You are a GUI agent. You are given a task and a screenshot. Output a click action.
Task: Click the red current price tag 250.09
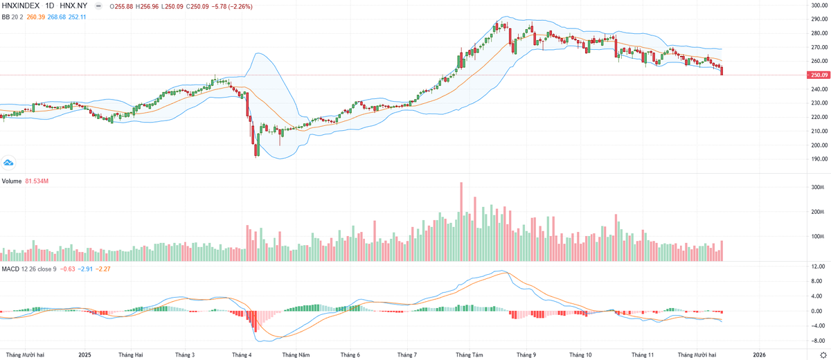[x=819, y=75]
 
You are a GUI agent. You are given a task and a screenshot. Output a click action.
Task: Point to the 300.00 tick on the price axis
[x=819, y=6]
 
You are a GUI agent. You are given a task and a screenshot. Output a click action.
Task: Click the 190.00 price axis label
[x=819, y=159]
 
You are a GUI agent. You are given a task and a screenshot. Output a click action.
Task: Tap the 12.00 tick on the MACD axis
[x=817, y=267]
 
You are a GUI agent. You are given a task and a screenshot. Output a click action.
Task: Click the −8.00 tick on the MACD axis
[x=817, y=341]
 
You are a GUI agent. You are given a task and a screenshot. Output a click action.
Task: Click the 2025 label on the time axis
[x=84, y=354]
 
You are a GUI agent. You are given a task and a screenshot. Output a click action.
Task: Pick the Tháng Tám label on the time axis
[x=469, y=354]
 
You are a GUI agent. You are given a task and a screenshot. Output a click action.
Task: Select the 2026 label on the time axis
[x=760, y=354]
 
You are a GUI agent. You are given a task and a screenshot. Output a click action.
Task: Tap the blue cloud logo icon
[x=9, y=162]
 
